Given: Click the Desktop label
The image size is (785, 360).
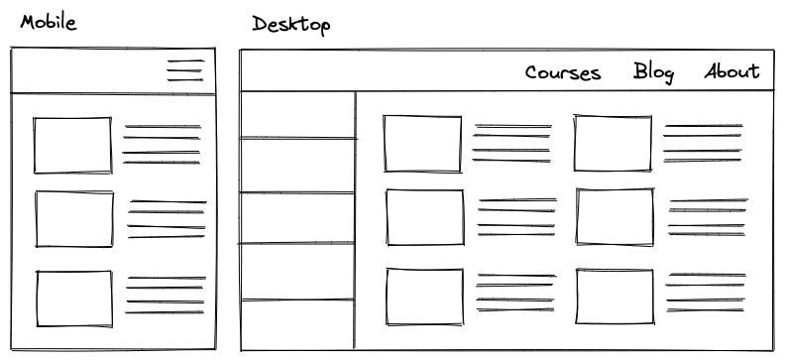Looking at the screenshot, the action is (290, 24).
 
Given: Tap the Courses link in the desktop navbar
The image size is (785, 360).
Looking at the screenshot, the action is (563, 72).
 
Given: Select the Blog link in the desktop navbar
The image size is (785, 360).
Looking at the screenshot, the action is (653, 71).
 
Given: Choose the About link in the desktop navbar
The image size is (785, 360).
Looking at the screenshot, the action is (732, 71).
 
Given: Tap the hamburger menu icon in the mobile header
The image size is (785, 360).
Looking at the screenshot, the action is (185, 71).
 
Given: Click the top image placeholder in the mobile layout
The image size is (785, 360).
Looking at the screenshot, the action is (72, 145).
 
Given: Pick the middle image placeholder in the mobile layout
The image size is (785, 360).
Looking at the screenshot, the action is (74, 218).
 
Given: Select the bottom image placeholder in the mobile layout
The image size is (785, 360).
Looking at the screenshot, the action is (74, 297).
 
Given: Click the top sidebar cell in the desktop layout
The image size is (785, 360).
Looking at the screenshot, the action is (297, 115).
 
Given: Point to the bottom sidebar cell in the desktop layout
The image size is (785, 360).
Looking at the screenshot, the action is (297, 323).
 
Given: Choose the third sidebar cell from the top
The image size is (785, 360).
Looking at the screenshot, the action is (297, 218).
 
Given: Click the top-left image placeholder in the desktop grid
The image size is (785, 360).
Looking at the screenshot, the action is (422, 144).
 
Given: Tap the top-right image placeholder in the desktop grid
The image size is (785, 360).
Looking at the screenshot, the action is (613, 143).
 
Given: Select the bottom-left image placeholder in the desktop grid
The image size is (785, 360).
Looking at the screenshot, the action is (424, 296).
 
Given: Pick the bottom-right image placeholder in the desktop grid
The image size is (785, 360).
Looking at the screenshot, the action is (615, 296).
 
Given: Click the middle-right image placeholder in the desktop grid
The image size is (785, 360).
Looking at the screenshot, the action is (615, 216).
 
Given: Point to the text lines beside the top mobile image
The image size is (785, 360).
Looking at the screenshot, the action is (162, 145).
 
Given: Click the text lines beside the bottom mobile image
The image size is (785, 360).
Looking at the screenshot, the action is (166, 296).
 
